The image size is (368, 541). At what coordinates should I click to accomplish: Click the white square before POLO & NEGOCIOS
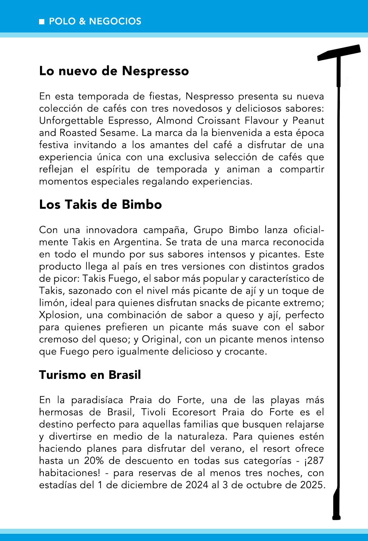[42, 22]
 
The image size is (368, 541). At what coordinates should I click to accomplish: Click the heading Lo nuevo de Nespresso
[114, 71]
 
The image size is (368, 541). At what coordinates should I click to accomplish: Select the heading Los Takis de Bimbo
[100, 205]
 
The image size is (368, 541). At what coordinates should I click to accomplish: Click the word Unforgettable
[72, 121]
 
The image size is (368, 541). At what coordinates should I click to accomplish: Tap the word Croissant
[217, 121]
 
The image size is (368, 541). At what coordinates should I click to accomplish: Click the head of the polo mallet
[339, 53]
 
